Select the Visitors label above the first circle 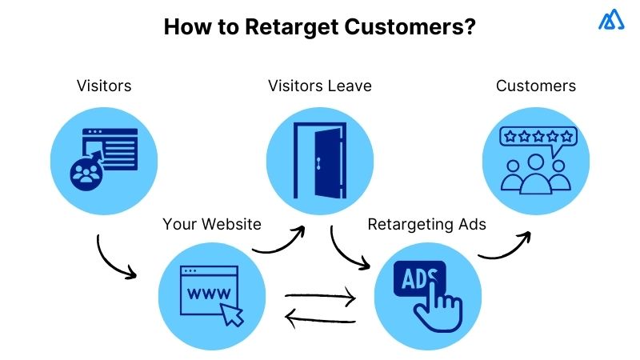(104, 85)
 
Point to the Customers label (536, 85)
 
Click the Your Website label (212, 224)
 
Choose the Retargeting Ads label (426, 224)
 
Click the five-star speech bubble (537, 138)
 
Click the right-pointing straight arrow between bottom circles (320, 299)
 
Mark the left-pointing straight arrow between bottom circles (320, 321)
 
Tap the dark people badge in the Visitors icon (85, 174)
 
